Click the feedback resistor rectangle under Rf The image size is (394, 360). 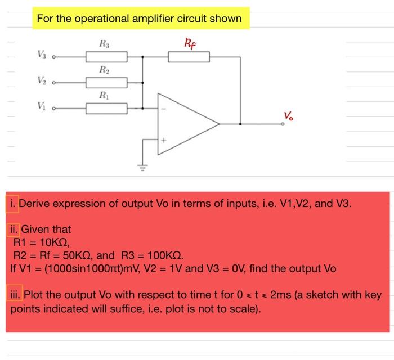coord(189,57)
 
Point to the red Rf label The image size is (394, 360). coord(190,43)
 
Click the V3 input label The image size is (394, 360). coord(42,56)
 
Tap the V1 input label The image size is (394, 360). coord(42,107)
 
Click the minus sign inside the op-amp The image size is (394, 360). coord(164,109)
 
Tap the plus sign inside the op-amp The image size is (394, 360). coord(164,139)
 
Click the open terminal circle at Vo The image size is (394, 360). coord(283,124)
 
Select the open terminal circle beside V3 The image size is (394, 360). coord(54,57)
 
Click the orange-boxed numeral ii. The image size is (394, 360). coord(14,229)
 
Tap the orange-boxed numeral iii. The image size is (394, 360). coord(15,295)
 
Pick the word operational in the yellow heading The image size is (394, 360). coord(105,19)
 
